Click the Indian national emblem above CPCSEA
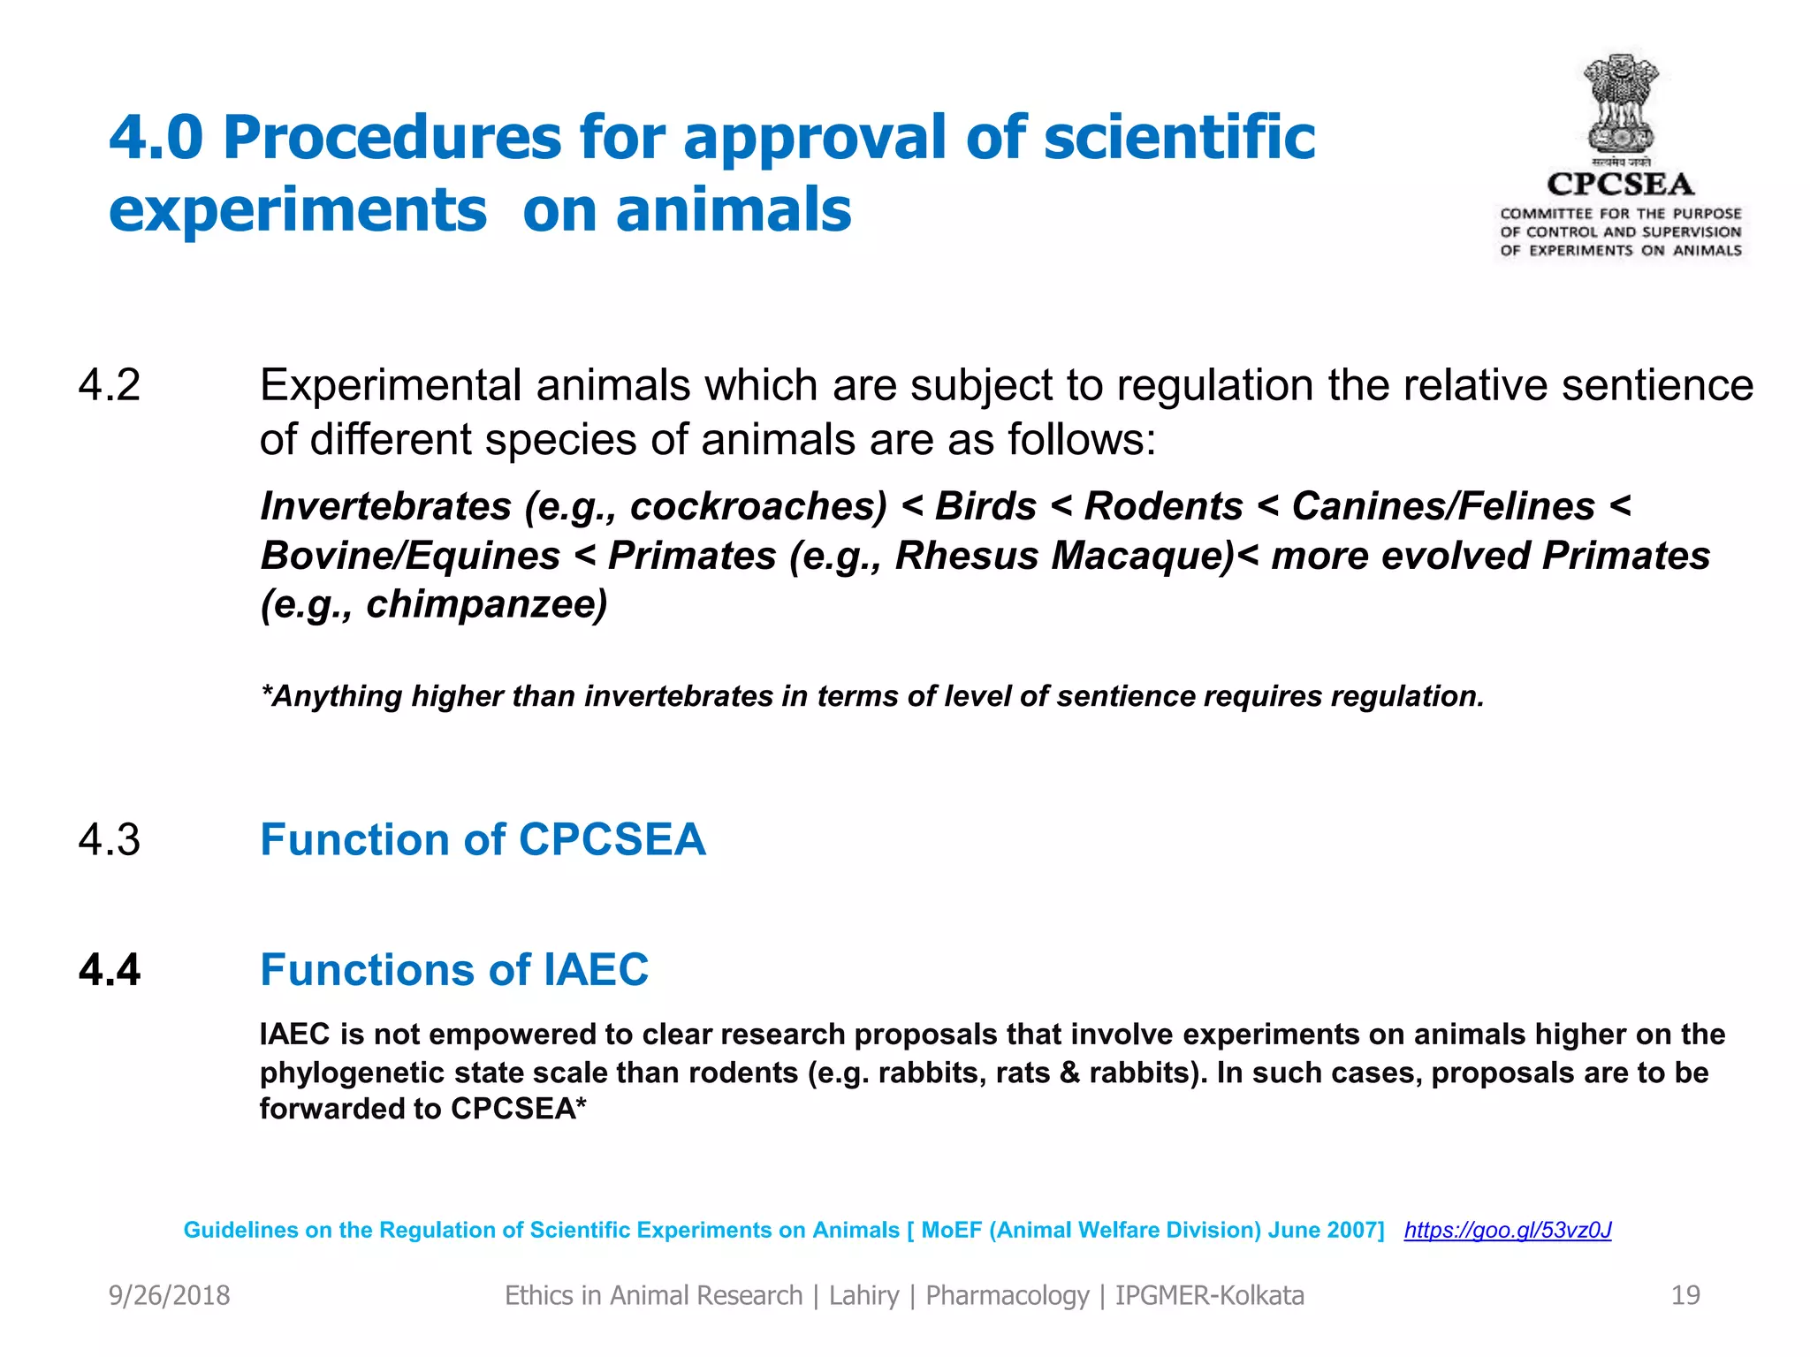tap(1621, 106)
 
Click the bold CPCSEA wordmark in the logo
tap(1621, 184)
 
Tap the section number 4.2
tap(110, 385)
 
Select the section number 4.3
tap(110, 839)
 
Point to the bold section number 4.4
tap(110, 970)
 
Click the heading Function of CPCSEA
tap(483, 839)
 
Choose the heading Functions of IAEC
tap(454, 970)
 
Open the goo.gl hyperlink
tap(1508, 1230)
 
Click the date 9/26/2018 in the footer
tap(169, 1295)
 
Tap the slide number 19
tap(1685, 1295)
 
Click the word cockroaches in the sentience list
tap(758, 506)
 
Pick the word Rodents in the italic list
tap(1163, 506)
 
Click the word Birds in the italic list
tap(985, 506)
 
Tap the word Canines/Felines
tap(1443, 506)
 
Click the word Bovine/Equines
tap(411, 556)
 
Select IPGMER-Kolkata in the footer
tap(1209, 1295)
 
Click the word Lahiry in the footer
tap(863, 1295)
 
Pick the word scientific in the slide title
tap(1179, 138)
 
